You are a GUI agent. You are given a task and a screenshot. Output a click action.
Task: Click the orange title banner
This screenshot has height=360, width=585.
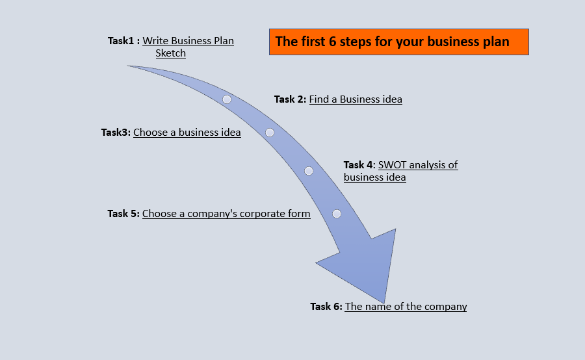click(x=398, y=42)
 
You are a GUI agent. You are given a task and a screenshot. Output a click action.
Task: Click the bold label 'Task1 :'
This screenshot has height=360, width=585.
click(x=123, y=40)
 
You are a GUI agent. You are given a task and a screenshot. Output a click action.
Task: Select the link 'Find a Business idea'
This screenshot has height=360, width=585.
click(x=356, y=99)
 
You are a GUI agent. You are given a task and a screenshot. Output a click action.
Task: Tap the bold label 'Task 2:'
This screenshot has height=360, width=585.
click(x=290, y=99)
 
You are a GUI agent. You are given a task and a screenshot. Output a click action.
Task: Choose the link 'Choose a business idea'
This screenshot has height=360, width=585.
click(x=187, y=133)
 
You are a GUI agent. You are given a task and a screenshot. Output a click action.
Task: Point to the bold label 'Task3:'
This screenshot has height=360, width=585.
click(x=116, y=133)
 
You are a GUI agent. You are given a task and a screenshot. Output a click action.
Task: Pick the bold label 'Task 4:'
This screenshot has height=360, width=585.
click(x=359, y=165)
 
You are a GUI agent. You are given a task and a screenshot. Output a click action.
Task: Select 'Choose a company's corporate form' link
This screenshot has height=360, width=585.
click(x=226, y=214)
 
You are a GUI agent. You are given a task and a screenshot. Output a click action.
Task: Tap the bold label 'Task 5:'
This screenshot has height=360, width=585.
click(x=123, y=214)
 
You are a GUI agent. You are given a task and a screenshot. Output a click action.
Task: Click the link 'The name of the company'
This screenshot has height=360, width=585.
click(x=406, y=307)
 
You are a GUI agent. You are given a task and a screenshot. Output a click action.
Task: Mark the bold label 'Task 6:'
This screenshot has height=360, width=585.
click(x=326, y=307)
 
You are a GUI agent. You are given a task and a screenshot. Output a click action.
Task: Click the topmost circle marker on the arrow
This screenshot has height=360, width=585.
click(x=227, y=99)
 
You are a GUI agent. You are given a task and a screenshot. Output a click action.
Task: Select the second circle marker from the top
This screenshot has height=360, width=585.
click(x=270, y=133)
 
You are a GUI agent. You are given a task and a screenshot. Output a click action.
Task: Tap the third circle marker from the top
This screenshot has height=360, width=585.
click(x=309, y=171)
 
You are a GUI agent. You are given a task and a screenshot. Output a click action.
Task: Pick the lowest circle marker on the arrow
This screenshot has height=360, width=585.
click(x=337, y=214)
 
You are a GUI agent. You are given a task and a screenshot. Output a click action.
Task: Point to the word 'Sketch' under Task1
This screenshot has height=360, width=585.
click(x=171, y=53)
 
